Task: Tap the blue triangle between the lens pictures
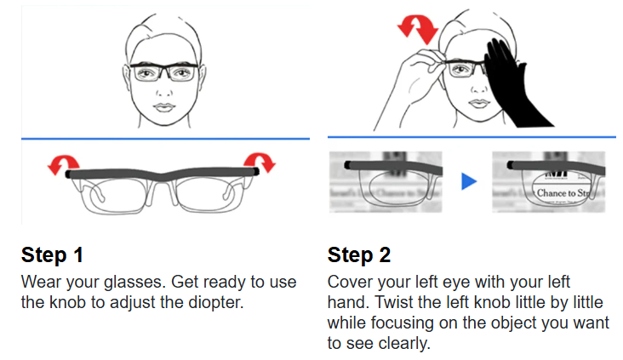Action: pyautogui.click(x=467, y=181)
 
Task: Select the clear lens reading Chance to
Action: pyautogui.click(x=562, y=191)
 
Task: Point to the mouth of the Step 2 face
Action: pyautogui.click(x=475, y=106)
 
